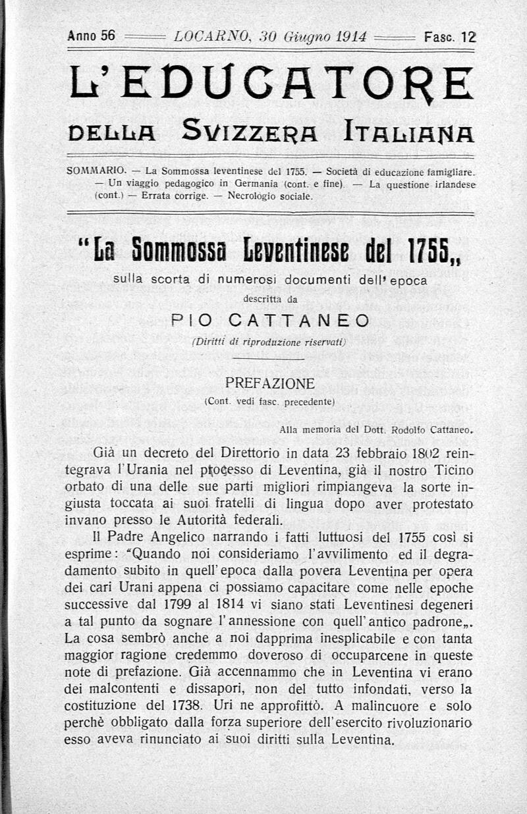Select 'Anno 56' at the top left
(x=92, y=36)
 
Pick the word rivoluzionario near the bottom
(x=430, y=723)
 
